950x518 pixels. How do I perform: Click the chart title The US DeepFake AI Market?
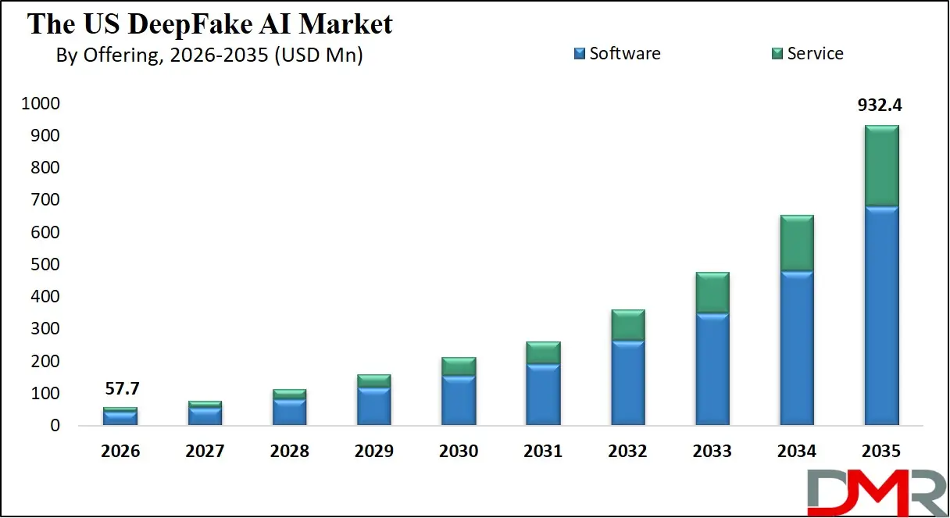[210, 24]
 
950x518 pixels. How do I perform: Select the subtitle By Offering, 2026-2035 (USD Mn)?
[209, 55]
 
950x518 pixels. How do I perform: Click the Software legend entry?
[617, 53]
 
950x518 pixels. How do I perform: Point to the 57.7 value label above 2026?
[120, 388]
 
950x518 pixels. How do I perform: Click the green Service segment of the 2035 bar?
[881, 166]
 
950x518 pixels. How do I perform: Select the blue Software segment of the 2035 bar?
[881, 316]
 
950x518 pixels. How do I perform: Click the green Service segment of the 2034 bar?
[797, 243]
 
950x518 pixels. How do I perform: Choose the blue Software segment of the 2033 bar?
[712, 369]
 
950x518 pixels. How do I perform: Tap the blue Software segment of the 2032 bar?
[627, 383]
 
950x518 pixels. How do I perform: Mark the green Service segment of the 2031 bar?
[543, 352]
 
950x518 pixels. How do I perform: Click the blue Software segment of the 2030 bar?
[459, 400]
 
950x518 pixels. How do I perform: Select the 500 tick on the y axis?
[45, 265]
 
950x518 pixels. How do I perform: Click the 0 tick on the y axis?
[55, 426]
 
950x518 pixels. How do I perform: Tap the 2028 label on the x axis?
[289, 452]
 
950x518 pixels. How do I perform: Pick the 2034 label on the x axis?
[797, 452]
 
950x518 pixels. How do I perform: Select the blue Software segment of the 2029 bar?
[373, 406]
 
